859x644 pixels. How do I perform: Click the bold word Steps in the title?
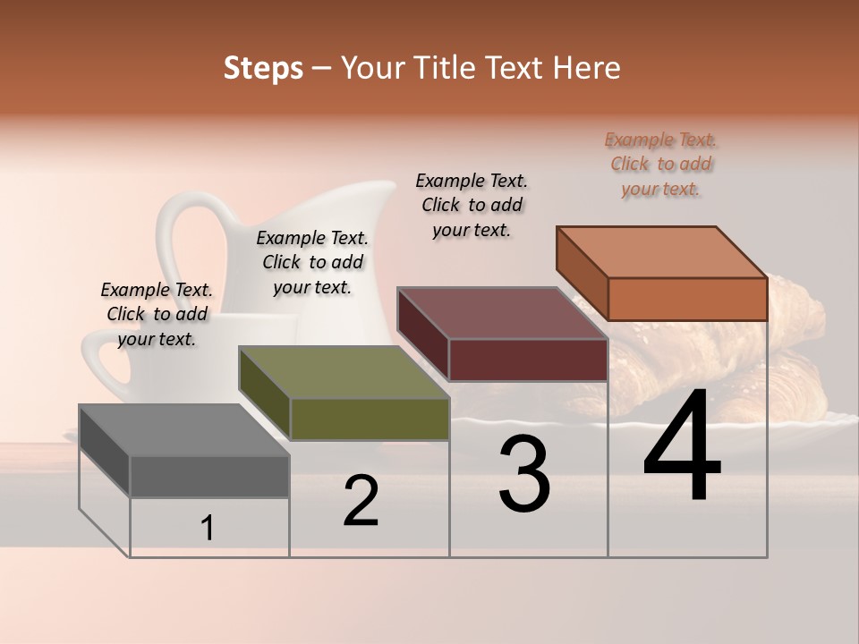pos(263,68)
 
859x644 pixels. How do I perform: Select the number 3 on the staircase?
pos(524,474)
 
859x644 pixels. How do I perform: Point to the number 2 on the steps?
pos(361,501)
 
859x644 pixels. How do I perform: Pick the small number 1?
pos(208,529)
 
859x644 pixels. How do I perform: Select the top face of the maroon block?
pos(501,313)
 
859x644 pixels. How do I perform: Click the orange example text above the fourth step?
pos(661,164)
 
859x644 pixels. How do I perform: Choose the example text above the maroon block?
pos(472,205)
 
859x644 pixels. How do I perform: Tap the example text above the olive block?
pos(312,262)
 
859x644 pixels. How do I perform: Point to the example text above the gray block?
pos(157,314)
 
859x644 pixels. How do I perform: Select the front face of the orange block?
pos(687,299)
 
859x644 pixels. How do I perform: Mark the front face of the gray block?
pos(209,476)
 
